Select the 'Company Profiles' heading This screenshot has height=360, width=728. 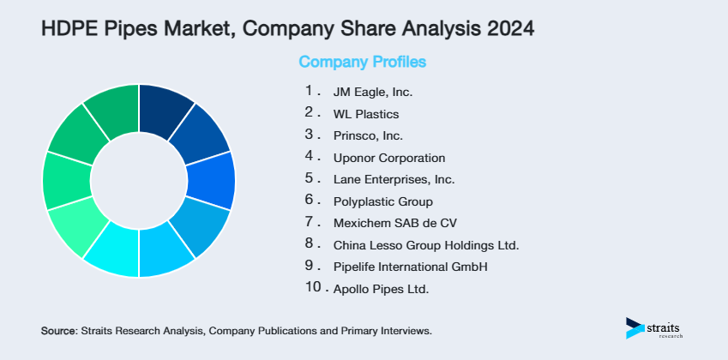[x=362, y=63]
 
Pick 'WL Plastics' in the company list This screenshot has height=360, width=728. [x=366, y=113]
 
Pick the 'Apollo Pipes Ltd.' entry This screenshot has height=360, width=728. [x=381, y=290]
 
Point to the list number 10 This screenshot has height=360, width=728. [x=313, y=288]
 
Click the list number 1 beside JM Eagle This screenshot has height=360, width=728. [x=309, y=89]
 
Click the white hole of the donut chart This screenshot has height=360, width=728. [x=139, y=181]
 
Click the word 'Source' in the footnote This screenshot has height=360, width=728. [x=57, y=330]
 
